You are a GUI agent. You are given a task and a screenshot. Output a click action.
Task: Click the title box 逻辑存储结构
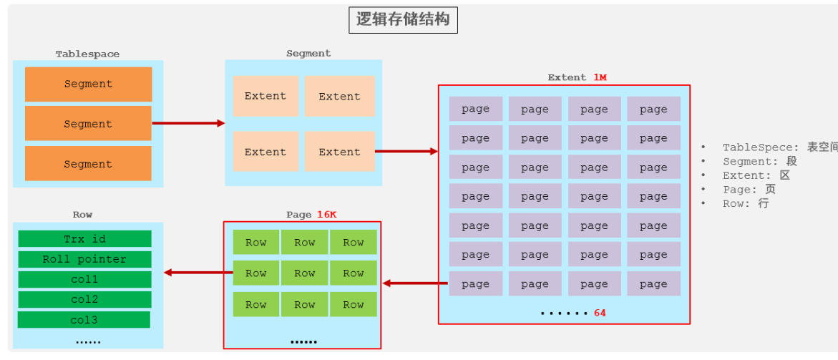click(x=403, y=20)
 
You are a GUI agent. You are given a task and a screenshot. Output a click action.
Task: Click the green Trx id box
click(x=84, y=238)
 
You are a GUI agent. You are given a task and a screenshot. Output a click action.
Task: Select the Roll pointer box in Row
click(x=84, y=259)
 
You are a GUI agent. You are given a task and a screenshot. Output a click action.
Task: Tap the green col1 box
click(x=84, y=279)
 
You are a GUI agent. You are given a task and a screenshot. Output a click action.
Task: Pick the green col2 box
click(x=84, y=299)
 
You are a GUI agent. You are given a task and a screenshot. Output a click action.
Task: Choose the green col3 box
click(x=84, y=319)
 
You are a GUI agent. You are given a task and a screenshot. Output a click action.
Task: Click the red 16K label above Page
click(x=326, y=214)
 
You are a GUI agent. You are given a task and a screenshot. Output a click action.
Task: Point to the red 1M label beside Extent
click(x=599, y=77)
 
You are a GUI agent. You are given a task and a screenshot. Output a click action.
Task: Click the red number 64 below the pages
click(x=600, y=313)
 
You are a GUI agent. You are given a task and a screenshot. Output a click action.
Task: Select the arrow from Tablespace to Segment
click(x=188, y=123)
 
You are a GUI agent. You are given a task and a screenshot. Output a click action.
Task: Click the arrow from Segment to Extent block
click(x=406, y=151)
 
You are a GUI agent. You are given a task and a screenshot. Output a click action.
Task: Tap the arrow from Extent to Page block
click(x=416, y=283)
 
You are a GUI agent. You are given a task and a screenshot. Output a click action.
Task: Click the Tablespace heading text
click(x=87, y=54)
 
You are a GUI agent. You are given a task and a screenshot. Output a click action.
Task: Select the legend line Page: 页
click(x=749, y=190)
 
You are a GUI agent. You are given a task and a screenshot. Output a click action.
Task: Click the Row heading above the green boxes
click(x=82, y=214)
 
